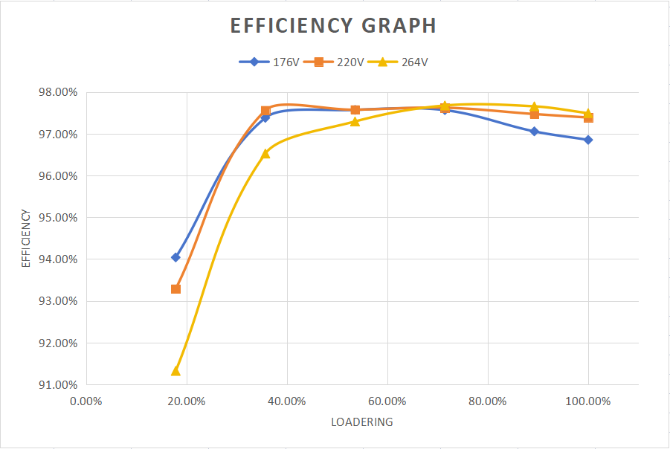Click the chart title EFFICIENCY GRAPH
(333, 25)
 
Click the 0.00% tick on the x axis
(86, 401)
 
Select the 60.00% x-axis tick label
(387, 401)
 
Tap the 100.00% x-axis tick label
(588, 401)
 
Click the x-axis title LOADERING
(362, 422)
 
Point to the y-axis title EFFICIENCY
(26, 239)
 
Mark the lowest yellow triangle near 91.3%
(175, 370)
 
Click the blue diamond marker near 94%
(175, 257)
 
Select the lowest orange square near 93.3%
(175, 288)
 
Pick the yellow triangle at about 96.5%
(265, 153)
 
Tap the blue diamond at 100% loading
(588, 140)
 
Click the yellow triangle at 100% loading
(588, 113)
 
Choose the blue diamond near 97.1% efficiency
(534, 132)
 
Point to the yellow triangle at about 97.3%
(355, 121)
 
